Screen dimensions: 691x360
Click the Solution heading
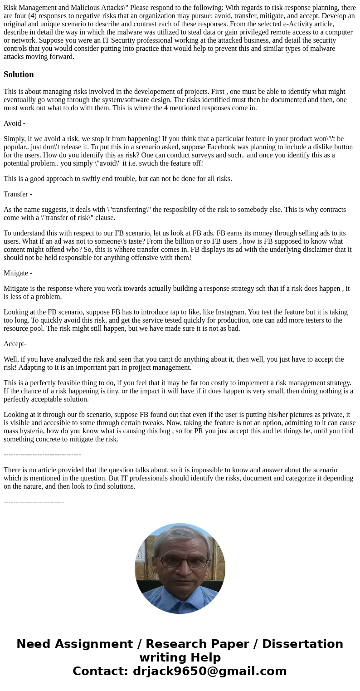tap(19, 74)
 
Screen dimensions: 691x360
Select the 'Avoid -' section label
tap(15, 123)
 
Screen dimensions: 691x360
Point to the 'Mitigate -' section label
tap(18, 273)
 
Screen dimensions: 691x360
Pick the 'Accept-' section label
tap(15, 344)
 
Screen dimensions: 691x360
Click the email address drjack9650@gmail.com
tap(210, 671)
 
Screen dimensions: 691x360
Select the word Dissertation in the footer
tap(302, 644)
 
